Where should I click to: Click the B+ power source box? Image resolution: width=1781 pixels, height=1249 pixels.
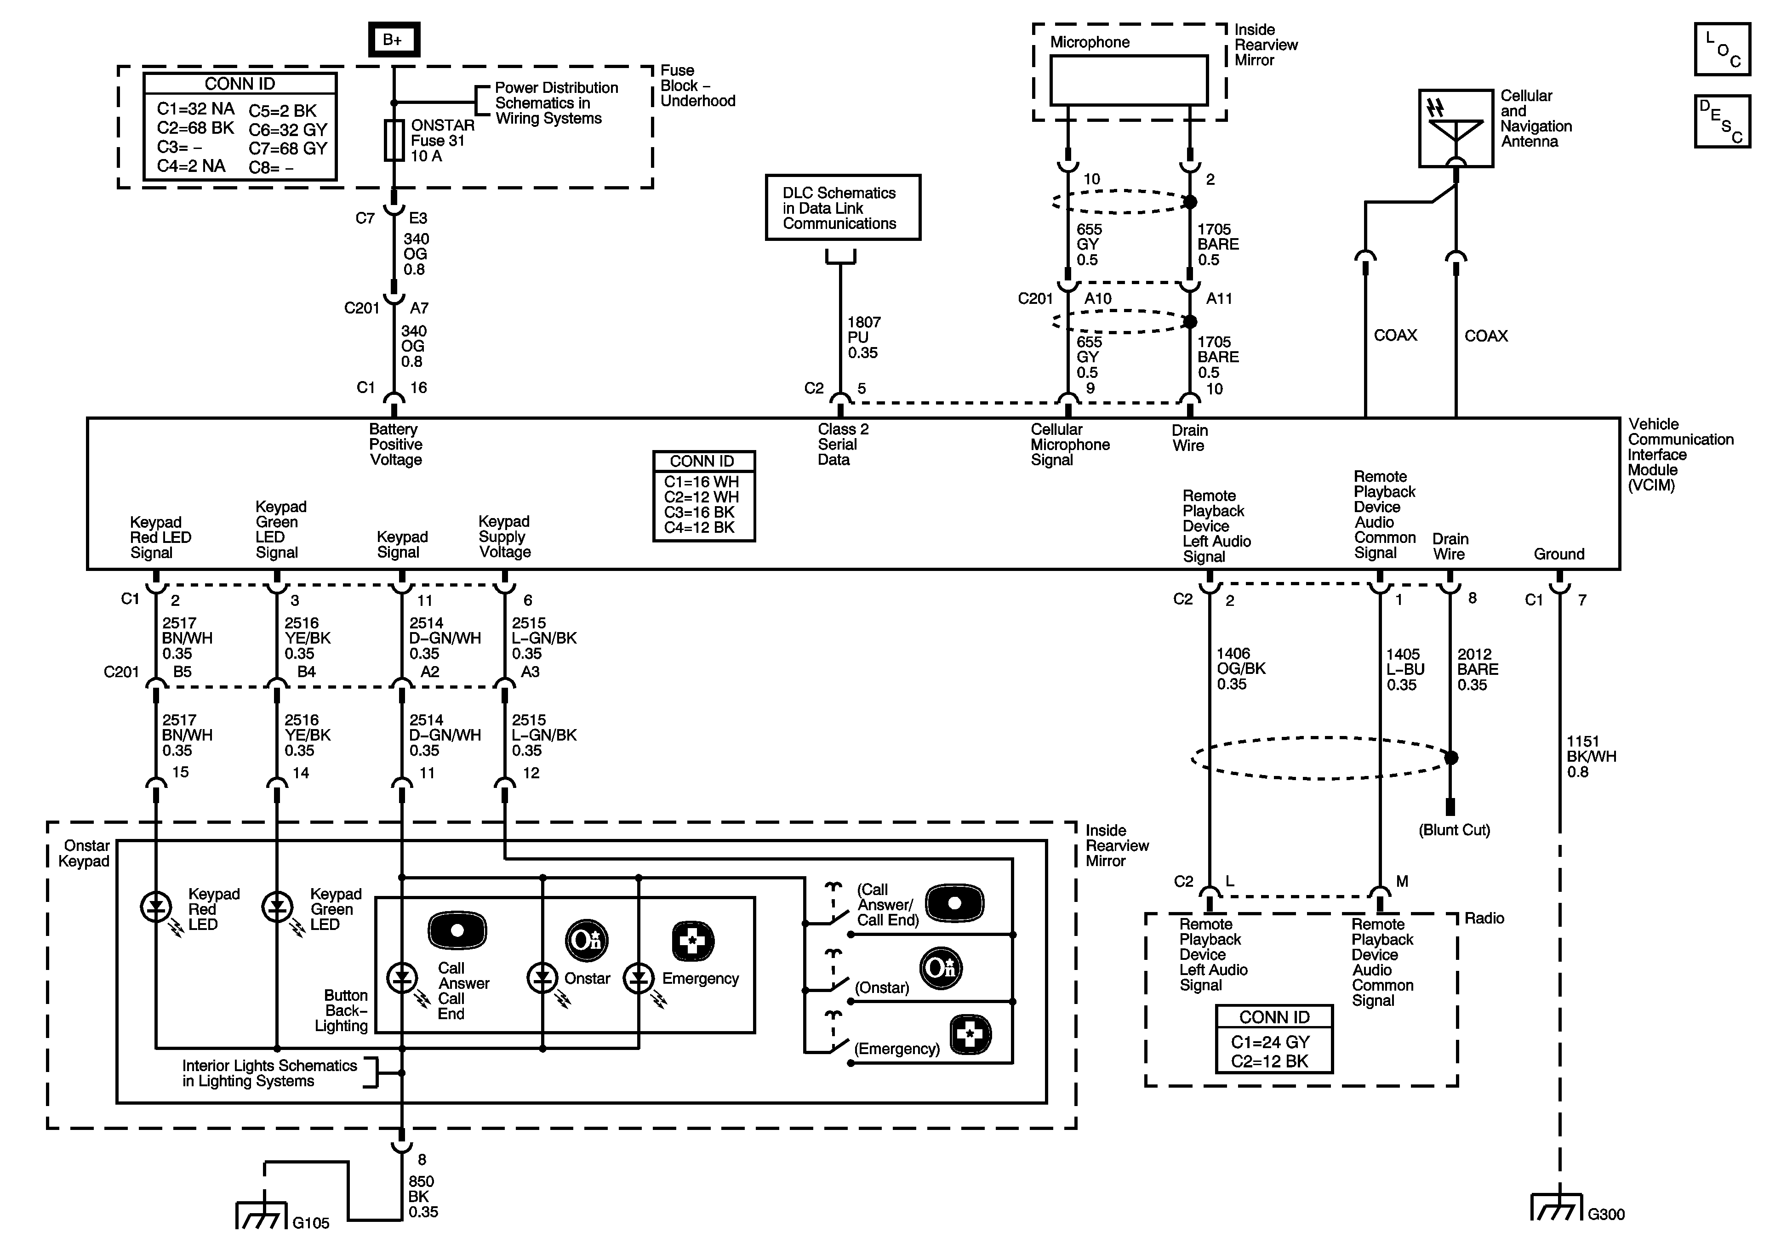point(393,40)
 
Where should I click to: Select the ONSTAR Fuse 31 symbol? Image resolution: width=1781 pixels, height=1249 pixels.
point(394,140)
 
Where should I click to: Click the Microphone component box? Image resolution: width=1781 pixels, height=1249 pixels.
point(1129,80)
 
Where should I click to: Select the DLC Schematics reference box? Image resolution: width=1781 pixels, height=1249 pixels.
point(842,208)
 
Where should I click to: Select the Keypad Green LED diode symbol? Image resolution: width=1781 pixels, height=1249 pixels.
point(277,906)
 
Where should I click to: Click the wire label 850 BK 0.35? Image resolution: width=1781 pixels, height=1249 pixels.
point(423,1196)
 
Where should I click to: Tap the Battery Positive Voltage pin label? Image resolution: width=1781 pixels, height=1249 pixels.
point(396,445)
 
